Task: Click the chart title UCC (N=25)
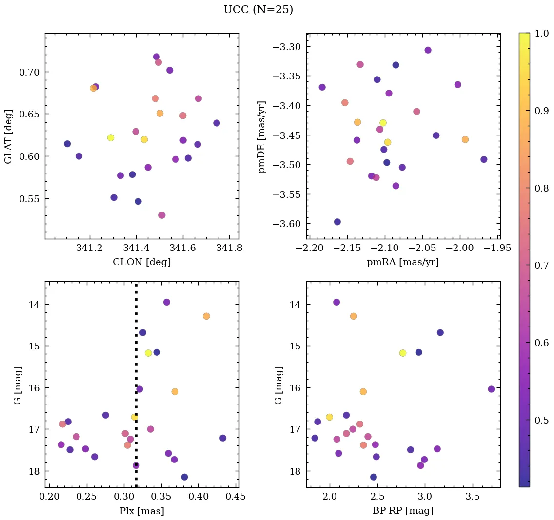pos(258,10)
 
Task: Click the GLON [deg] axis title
pos(141,262)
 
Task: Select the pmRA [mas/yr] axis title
pos(403,262)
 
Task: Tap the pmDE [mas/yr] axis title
pos(262,136)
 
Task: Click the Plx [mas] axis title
pos(141,511)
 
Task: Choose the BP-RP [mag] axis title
pos(403,511)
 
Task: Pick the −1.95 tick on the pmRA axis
pos(498,248)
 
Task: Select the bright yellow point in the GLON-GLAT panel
pos(111,138)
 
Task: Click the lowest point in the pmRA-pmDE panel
pos(337,222)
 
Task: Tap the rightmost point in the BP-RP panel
pos(491,389)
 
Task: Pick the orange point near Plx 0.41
pos(206,316)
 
